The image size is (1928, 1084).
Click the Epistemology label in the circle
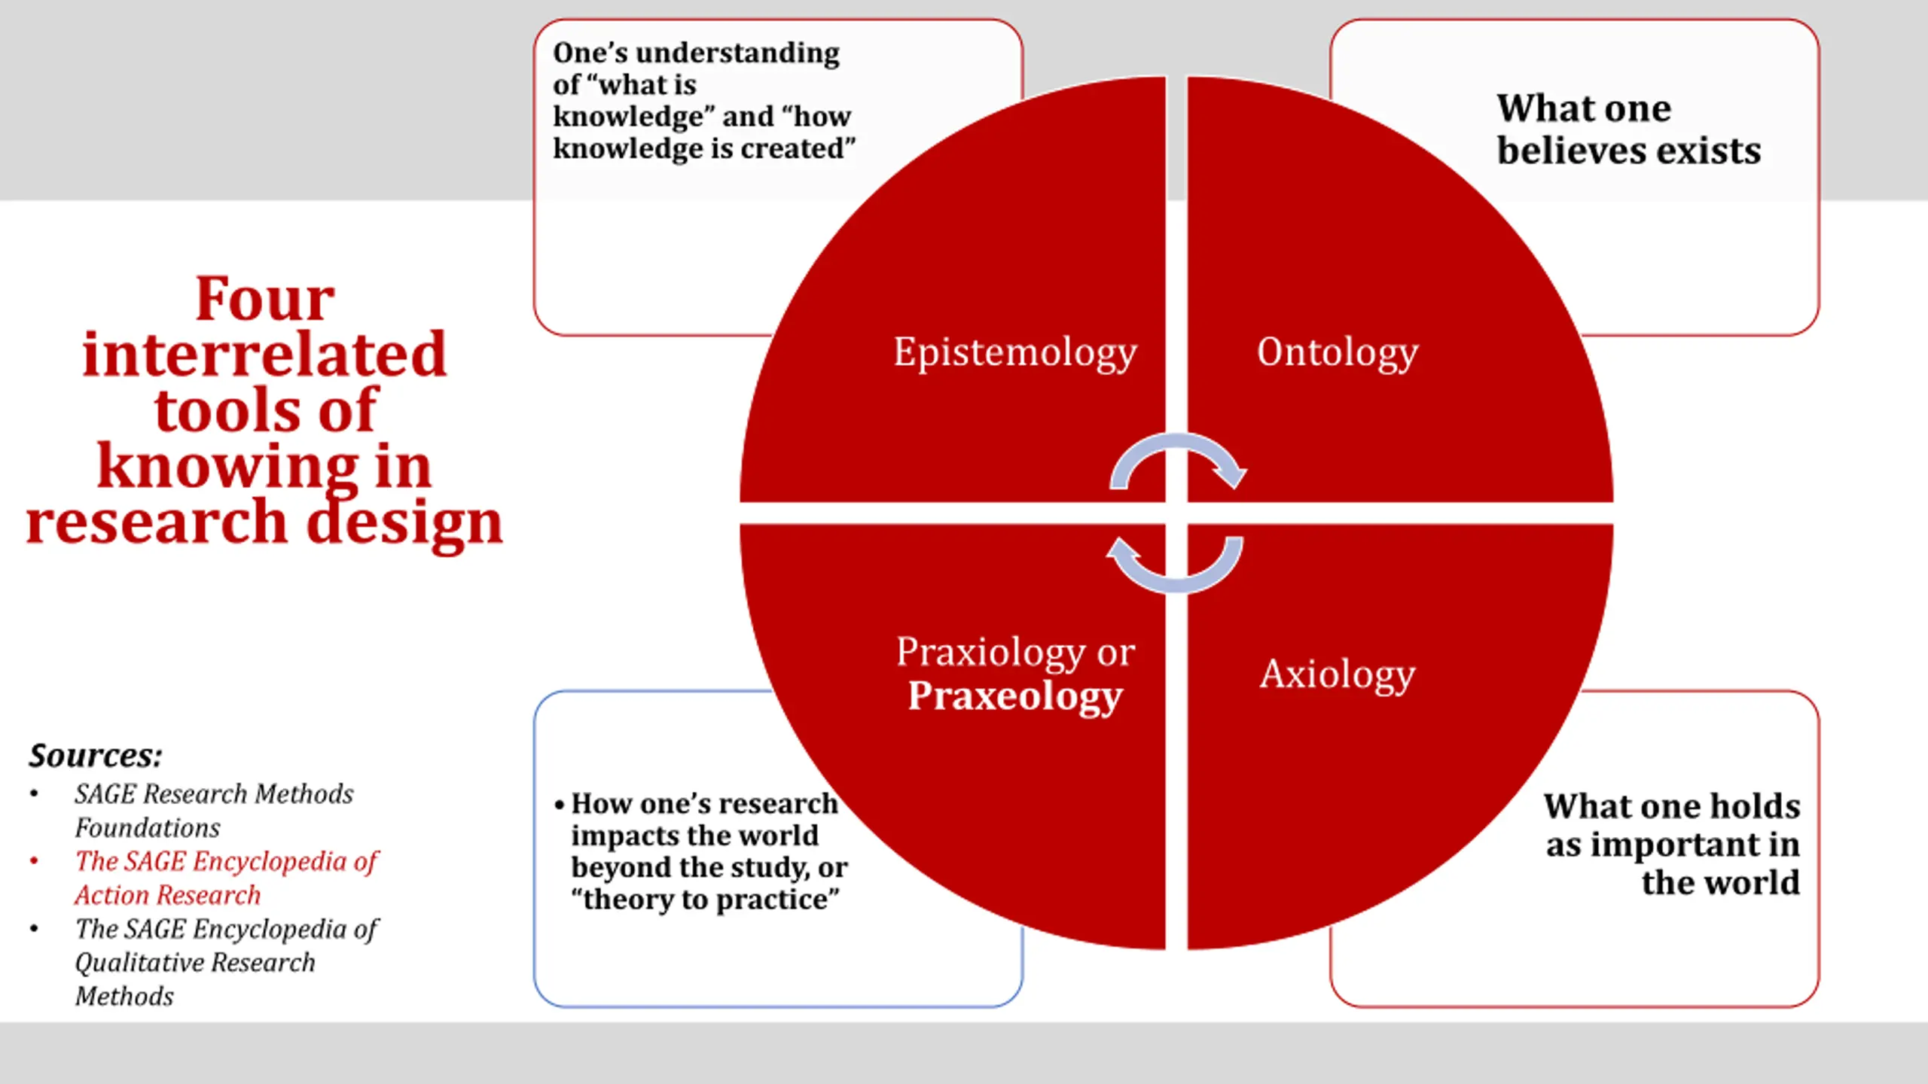click(1014, 352)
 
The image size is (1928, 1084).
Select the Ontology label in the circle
click(1337, 352)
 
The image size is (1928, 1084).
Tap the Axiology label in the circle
click(1337, 674)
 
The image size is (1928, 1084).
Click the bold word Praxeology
click(1014, 696)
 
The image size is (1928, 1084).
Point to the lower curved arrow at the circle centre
click(1175, 565)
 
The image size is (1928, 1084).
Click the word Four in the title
click(264, 299)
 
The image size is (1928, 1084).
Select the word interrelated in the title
click(264, 355)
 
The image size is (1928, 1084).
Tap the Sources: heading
click(96, 756)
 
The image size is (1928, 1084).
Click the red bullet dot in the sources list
click(34, 860)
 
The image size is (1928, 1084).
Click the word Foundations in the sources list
click(148, 827)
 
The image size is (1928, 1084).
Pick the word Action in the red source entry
click(113, 895)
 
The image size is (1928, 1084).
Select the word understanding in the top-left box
click(737, 53)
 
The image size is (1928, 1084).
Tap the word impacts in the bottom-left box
click(618, 836)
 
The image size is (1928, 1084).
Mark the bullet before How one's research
click(559, 805)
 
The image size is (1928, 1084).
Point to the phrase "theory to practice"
click(705, 900)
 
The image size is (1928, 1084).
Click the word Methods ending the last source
click(124, 996)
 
